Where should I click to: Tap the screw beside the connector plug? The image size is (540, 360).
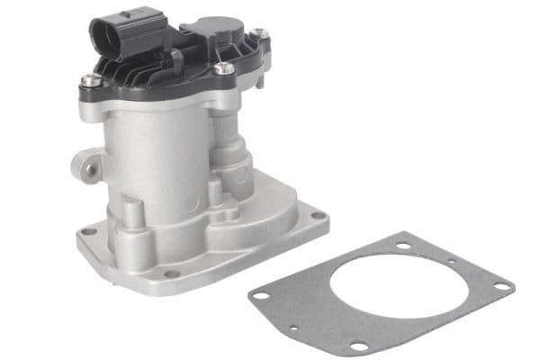90,81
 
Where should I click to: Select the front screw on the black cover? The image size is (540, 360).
222,67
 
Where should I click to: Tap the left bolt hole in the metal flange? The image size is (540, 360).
88,231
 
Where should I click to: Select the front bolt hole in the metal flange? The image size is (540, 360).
171,274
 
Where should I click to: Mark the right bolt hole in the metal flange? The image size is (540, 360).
317,216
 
